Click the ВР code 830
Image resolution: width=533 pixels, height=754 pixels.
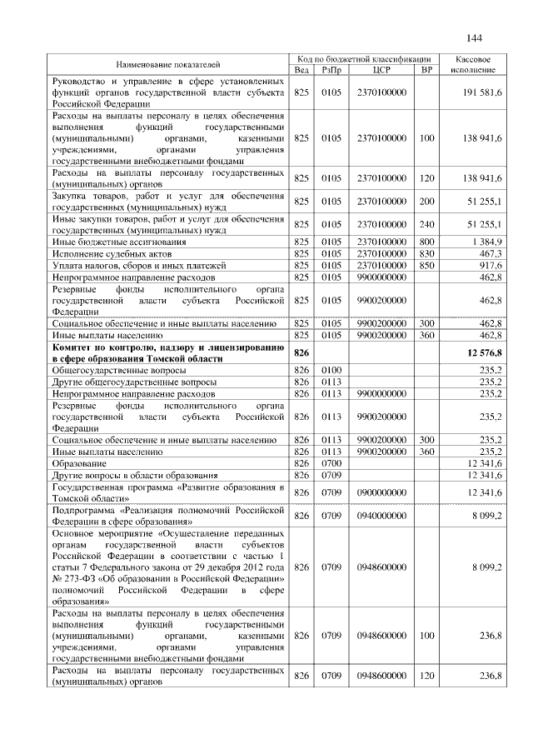427,253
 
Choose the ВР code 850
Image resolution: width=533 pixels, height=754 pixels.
427,265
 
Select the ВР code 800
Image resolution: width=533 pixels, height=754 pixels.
427,242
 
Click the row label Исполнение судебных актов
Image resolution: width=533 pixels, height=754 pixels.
102,253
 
